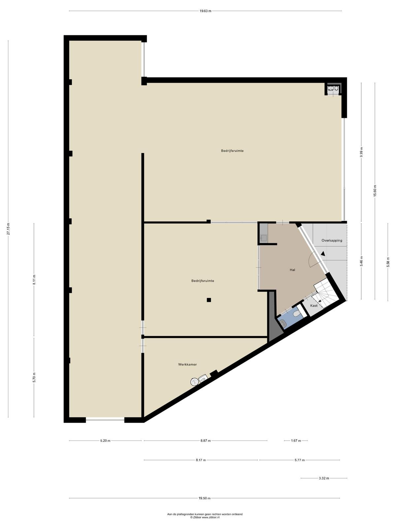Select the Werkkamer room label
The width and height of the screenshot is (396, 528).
coord(187,364)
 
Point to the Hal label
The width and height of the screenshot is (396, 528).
coord(292,270)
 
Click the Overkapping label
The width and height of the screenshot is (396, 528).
coord(332,240)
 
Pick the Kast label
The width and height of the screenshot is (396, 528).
coord(314,306)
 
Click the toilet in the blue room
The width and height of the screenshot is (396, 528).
coord(297,314)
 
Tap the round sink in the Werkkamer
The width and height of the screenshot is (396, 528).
coord(194,381)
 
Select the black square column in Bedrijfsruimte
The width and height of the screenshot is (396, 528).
coord(209,300)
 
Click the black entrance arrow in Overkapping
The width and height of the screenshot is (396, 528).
coord(323,253)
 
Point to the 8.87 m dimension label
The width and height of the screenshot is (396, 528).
coord(205,441)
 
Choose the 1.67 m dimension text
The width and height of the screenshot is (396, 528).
coord(296,441)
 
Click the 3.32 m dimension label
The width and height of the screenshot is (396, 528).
coord(324,478)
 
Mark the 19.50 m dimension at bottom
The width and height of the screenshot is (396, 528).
coord(204,498)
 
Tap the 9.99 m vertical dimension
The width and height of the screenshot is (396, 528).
coord(361,152)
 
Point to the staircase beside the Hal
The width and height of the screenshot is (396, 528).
coord(326,294)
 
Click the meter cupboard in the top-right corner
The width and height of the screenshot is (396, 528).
coord(334,89)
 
